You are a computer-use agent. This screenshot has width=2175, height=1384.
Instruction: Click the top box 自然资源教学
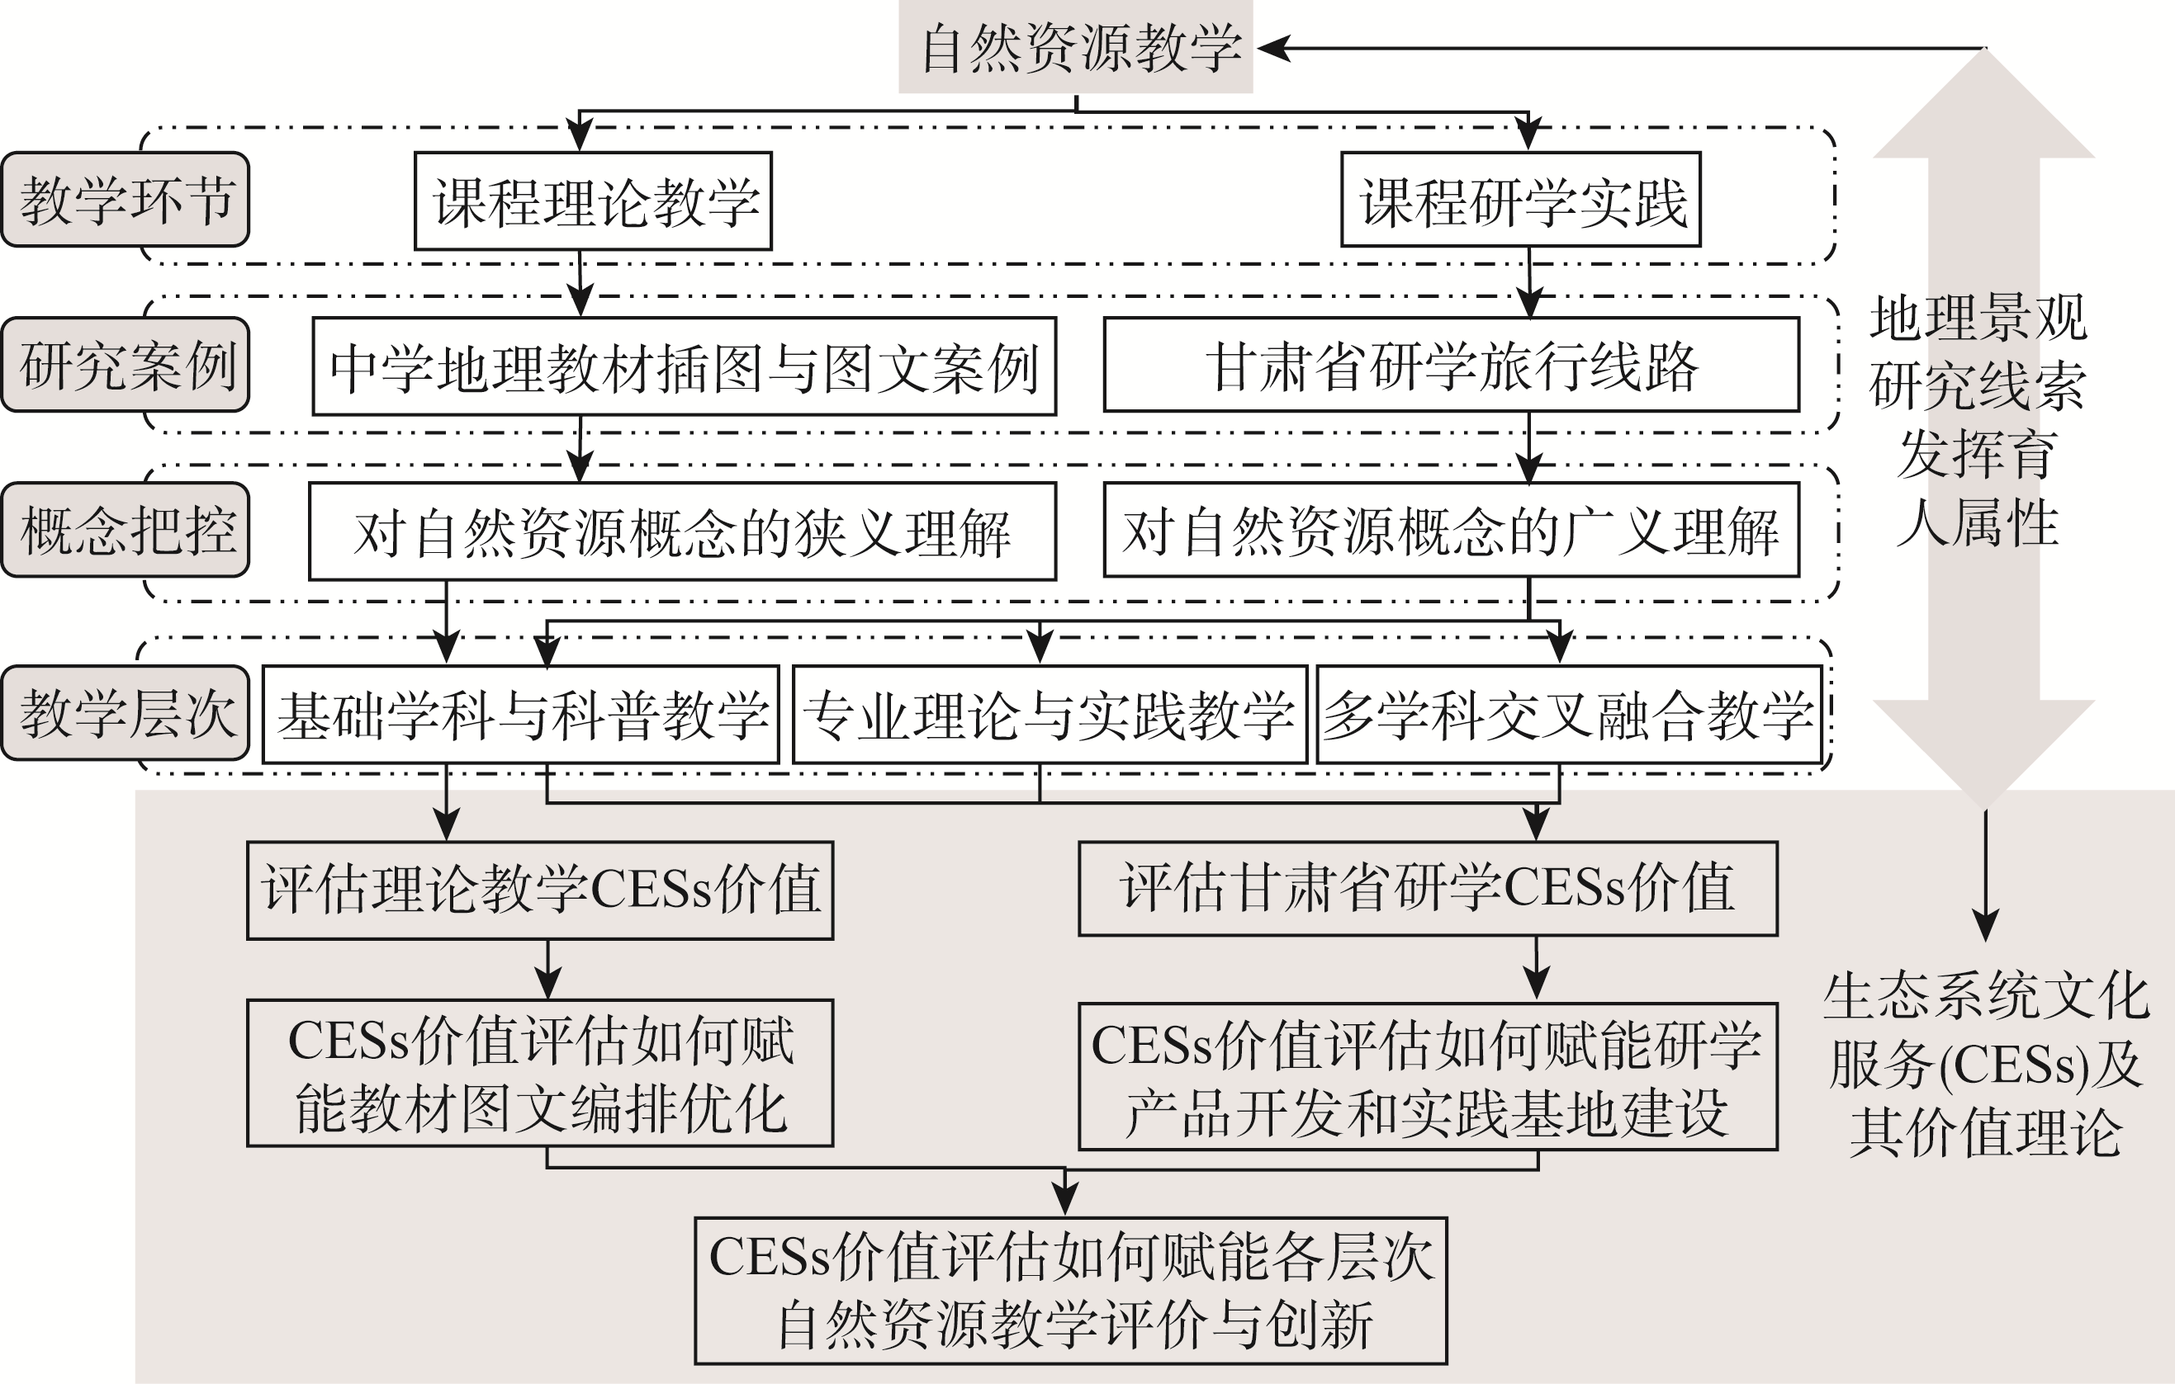coord(1075,47)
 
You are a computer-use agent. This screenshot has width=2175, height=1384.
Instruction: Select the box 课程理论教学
coord(593,201)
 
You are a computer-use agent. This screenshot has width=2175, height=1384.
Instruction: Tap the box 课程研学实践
coord(1520,200)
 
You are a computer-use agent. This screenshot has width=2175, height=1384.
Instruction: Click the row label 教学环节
coord(126,200)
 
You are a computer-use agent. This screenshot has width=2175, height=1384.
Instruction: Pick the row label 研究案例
coord(126,365)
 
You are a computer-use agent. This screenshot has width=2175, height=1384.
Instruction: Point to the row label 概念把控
coord(126,530)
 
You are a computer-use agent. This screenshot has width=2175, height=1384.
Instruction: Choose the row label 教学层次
coord(126,713)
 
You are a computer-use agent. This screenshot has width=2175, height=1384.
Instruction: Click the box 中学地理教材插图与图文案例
coord(684,366)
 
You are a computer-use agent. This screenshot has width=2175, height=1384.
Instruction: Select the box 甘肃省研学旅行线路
coord(1452,365)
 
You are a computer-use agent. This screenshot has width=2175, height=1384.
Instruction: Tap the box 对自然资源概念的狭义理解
coord(682,531)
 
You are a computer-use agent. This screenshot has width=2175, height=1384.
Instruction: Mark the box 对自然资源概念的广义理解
coord(1452,530)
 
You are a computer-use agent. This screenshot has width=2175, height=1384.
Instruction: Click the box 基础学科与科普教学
coord(521,715)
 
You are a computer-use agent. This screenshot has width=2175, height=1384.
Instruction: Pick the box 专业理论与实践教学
coord(1050,715)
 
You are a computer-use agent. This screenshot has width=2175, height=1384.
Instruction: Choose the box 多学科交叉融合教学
coord(1569,715)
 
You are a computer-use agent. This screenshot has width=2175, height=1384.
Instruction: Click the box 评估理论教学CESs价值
coord(540,890)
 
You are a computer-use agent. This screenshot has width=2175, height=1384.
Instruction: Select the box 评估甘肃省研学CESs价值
coord(1428,888)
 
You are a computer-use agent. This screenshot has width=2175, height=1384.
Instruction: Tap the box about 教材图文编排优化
coord(540,1074)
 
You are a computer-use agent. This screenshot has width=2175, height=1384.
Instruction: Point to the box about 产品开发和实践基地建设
coord(1428,1076)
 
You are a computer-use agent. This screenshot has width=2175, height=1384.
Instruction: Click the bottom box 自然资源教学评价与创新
coord(1070,1291)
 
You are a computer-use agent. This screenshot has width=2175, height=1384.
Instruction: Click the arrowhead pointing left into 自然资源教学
coord(1273,48)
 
